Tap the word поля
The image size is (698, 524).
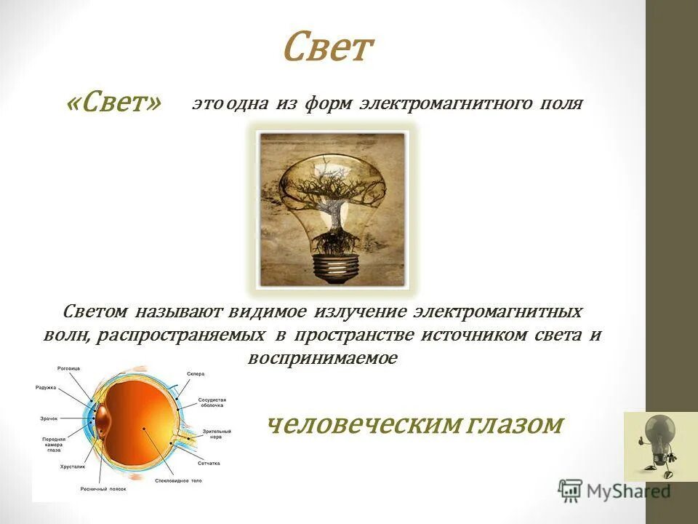pos(560,103)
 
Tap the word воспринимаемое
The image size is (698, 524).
pos(322,358)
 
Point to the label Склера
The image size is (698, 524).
pos(195,373)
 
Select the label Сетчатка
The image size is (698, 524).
pos(208,463)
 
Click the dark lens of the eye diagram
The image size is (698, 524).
pos(103,419)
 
